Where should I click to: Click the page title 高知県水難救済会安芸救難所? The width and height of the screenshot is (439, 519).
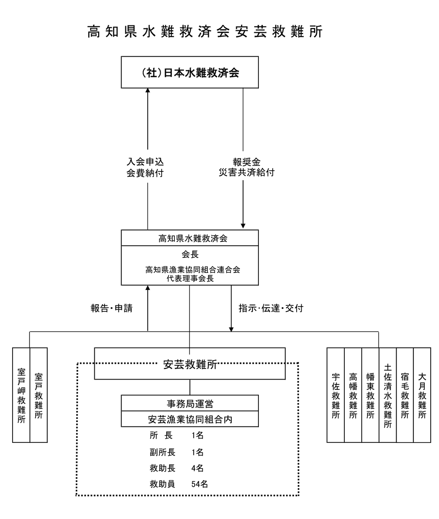click(205, 32)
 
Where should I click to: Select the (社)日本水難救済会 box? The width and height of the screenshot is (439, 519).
click(190, 73)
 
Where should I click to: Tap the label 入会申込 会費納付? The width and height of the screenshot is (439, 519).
click(145, 167)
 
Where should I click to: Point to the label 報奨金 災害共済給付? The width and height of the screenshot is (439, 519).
click(246, 167)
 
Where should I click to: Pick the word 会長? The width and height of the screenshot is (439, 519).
click(190, 254)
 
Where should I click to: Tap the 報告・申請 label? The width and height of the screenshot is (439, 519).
click(112, 308)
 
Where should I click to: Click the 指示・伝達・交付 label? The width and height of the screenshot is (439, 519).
click(271, 308)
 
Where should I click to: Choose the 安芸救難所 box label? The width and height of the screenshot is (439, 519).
click(190, 364)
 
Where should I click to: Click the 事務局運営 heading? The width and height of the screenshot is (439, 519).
click(190, 404)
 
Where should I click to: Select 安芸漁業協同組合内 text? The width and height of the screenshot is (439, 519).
click(190, 420)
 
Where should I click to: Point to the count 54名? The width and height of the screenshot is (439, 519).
click(199, 484)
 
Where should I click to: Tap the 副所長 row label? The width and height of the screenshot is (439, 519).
click(162, 452)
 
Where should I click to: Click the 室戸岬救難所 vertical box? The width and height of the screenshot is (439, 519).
click(21, 395)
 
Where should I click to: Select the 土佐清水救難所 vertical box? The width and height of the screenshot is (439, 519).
click(387, 395)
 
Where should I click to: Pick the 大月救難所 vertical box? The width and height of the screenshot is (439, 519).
click(422, 395)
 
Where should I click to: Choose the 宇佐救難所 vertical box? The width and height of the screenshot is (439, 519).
click(336, 395)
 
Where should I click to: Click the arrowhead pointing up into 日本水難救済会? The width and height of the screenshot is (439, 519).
click(148, 91)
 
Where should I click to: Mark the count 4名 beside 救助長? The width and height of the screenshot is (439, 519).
click(197, 468)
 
